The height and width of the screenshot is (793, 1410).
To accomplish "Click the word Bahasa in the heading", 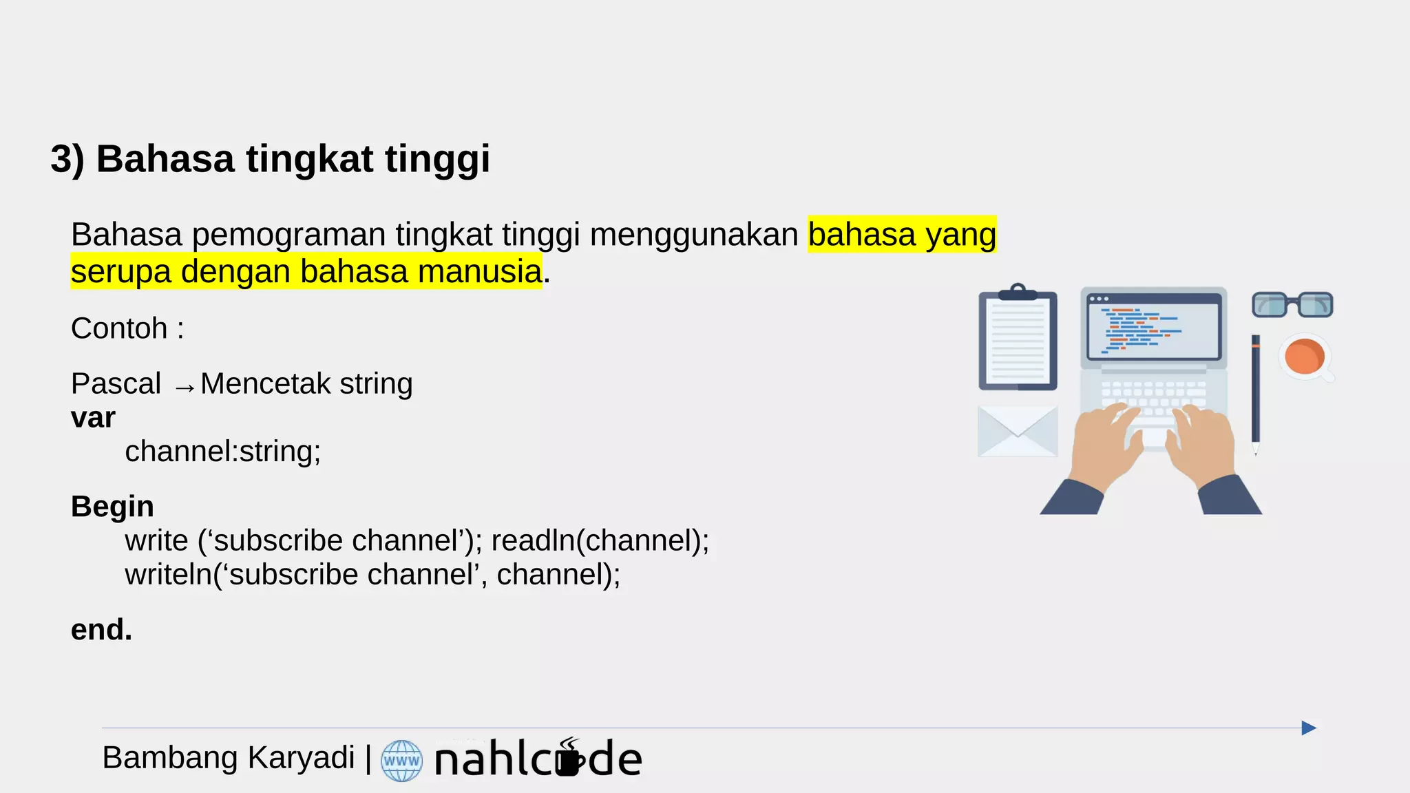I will point(165,159).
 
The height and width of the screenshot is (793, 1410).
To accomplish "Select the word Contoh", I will point(119,328).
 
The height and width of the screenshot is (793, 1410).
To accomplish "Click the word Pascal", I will point(116,383).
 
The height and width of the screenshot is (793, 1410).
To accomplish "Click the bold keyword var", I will point(93,418).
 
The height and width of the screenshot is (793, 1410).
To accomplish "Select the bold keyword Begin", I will point(112,507).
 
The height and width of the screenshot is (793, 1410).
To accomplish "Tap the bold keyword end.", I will point(101,630).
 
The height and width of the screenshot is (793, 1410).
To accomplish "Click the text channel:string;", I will point(222,452).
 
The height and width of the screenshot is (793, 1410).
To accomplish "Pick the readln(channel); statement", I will point(600,540).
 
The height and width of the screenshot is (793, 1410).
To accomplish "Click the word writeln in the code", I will point(169,575).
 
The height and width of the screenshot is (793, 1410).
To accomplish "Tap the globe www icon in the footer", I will point(401,761).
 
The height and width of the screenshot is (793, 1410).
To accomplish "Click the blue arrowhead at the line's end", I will point(1308,728).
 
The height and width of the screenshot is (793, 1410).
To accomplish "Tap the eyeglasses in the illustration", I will point(1292,304).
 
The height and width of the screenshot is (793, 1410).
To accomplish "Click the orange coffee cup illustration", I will point(1303,357).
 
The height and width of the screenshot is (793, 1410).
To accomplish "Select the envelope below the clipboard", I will point(1017,431).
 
